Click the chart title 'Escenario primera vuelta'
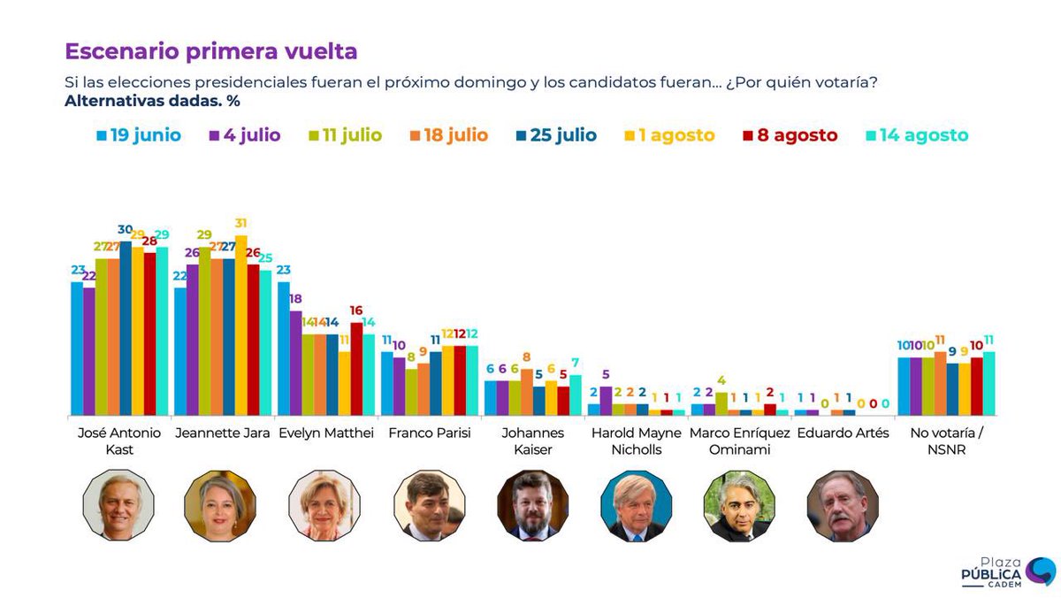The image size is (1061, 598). pos(211,51)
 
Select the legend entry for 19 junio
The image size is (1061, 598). pos(139,135)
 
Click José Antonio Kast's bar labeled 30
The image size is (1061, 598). pos(126,328)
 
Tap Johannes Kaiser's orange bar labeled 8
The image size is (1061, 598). pos(527,392)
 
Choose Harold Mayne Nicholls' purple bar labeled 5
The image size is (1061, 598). pos(606,401)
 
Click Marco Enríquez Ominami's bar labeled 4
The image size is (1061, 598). pos(721,403)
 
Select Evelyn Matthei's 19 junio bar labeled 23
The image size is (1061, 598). pos(284,349)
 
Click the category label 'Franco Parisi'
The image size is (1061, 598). pos(430,433)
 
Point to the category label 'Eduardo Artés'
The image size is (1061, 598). pos(843,433)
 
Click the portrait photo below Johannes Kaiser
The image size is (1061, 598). pos(532,506)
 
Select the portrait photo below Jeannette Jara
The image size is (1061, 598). pos(220,506)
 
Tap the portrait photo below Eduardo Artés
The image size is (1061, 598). pos(843,506)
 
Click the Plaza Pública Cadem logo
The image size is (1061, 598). pos(1008,571)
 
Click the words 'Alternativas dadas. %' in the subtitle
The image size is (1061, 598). pos(152,100)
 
